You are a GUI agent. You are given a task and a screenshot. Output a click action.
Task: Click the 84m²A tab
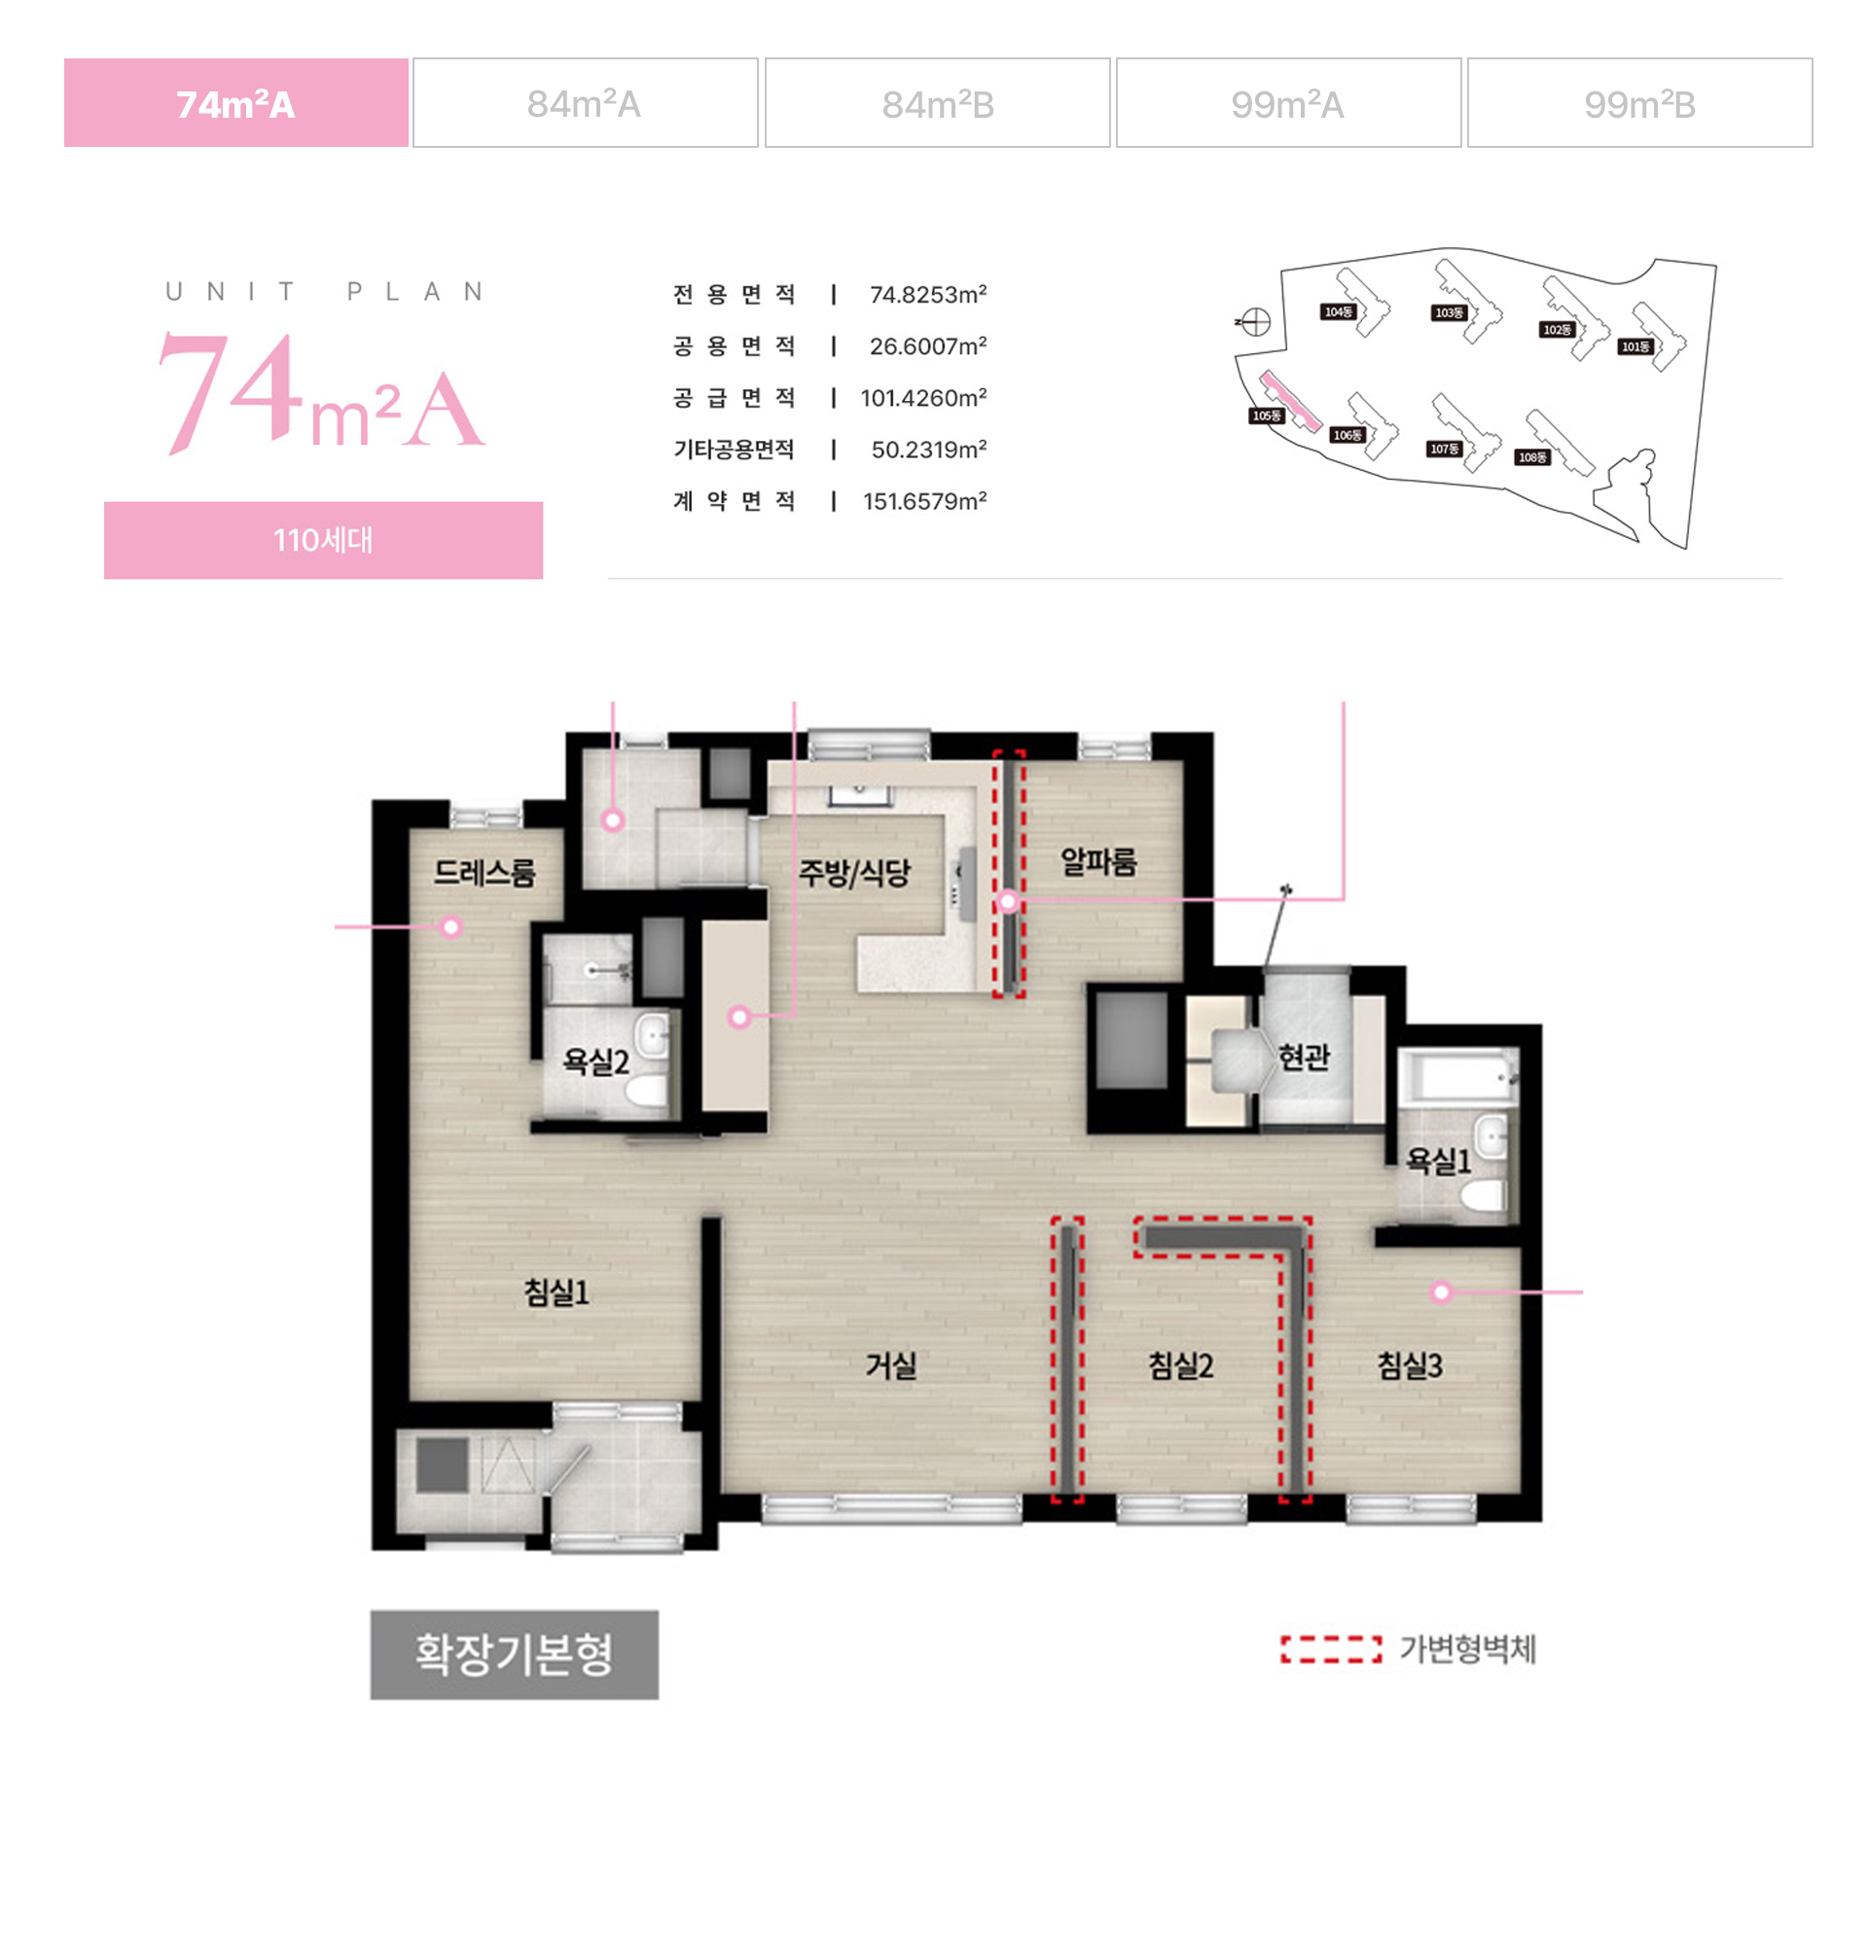586,103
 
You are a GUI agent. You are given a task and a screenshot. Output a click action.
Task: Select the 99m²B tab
1639,103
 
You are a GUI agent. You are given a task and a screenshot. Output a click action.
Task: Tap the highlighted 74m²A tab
236,103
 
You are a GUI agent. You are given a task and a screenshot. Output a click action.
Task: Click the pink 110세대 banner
324,541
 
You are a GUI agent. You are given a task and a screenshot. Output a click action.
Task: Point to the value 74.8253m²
928,295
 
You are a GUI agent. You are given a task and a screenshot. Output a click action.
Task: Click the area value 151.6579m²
925,501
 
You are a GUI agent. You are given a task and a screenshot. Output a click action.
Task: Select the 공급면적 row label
734,398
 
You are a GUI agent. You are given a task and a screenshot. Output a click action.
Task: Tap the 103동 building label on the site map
1449,312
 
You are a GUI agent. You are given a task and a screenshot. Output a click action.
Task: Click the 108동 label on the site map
1532,457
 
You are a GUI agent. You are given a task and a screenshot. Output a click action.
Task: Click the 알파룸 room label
1098,861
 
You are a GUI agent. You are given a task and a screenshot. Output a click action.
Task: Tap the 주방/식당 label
854,873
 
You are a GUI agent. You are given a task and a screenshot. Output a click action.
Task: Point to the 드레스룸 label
485,873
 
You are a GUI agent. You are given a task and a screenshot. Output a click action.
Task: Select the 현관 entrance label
1305,1057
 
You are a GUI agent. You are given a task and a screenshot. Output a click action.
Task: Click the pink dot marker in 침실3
1441,1291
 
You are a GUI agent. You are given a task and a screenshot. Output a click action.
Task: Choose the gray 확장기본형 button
514,1654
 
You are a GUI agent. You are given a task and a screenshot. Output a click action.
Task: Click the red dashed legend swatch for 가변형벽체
1331,1650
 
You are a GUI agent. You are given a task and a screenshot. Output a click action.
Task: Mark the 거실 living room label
890,1364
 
